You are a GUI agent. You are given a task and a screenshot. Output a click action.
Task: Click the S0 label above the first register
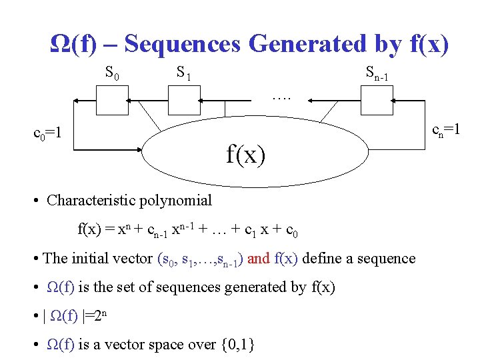point(112,71)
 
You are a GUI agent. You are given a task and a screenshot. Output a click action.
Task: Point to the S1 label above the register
point(183,71)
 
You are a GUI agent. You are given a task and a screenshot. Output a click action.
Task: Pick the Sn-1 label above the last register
point(377,72)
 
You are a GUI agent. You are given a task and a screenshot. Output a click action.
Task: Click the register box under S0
point(112,101)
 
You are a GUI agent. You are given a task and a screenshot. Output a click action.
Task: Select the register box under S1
point(183,101)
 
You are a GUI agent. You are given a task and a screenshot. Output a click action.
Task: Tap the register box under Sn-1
point(377,101)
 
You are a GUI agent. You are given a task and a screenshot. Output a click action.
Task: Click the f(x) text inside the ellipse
point(245,155)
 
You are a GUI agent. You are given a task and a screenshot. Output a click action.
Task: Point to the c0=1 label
point(48,133)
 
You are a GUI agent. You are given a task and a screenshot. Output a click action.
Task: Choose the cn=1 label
point(446,131)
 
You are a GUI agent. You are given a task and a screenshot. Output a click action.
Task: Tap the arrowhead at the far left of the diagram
point(76,101)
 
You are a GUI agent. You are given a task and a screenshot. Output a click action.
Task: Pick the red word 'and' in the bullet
point(259,258)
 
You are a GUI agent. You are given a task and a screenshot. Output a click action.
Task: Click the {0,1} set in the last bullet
point(237,345)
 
